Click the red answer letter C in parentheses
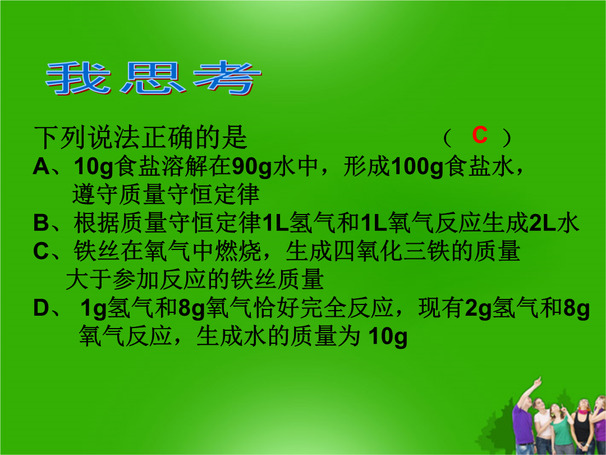tap(480, 136)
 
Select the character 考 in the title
tap(227, 78)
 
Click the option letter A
tap(42, 167)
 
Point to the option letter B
tap(42, 223)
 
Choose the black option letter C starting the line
tap(41, 252)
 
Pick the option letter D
tap(42, 308)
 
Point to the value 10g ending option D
tap(388, 337)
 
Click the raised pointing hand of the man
tap(537, 383)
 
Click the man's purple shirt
tap(522, 424)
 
